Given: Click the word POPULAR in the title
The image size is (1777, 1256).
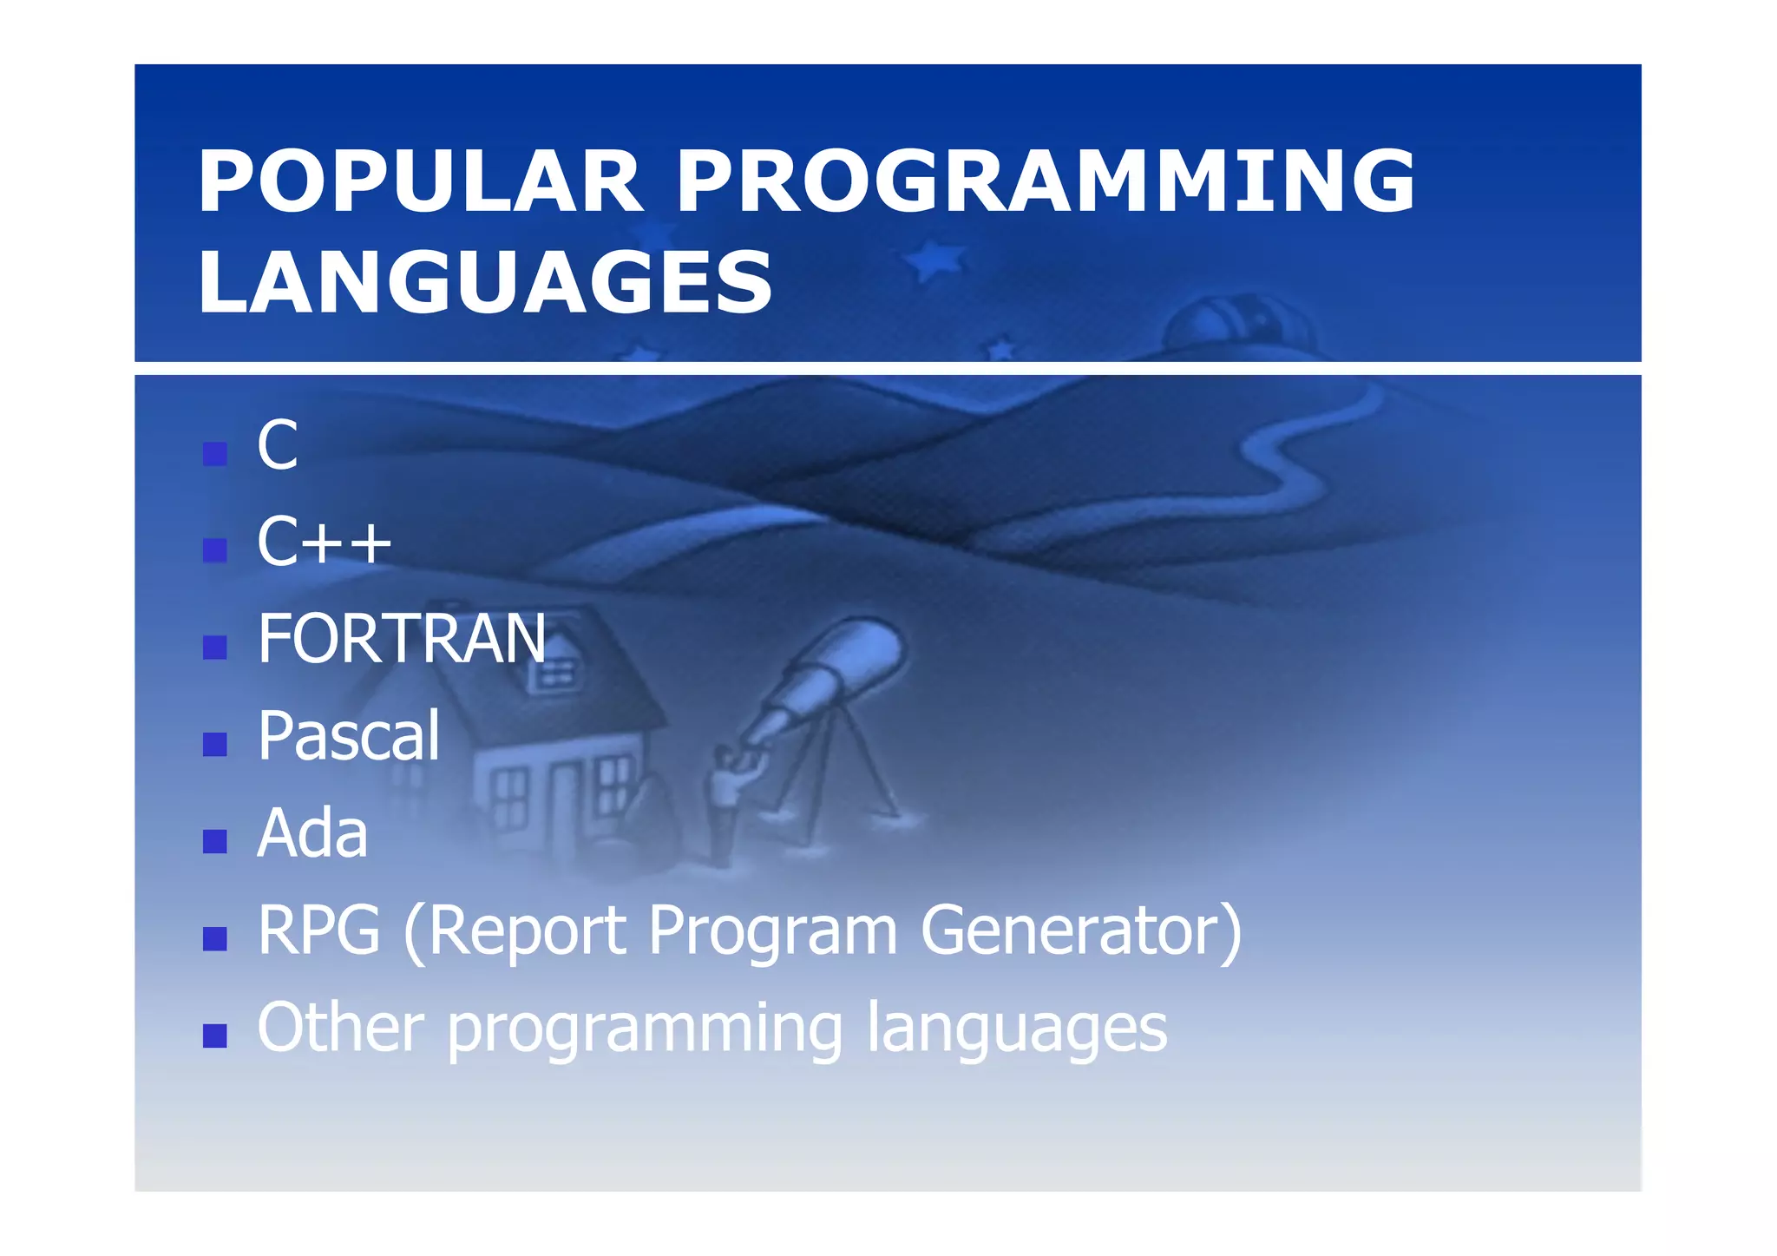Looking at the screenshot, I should pyautogui.click(x=420, y=181).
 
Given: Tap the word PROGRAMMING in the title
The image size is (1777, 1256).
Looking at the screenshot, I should pyautogui.click(x=1045, y=181).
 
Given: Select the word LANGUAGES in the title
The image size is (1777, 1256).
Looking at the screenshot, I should pyautogui.click(x=484, y=282).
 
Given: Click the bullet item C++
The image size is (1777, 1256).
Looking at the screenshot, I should pyautogui.click(x=324, y=542).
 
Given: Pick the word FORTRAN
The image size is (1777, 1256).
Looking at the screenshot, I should pyautogui.click(x=402, y=639).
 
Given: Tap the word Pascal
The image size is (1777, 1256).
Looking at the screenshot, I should pyautogui.click(x=349, y=736).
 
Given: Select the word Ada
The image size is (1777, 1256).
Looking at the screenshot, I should pyautogui.click(x=312, y=833).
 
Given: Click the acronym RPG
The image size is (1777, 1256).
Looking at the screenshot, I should pyautogui.click(x=318, y=930).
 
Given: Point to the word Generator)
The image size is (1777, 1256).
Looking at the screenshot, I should pyautogui.click(x=1081, y=930).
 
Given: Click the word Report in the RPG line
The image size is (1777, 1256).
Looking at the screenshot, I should pyautogui.click(x=527, y=930).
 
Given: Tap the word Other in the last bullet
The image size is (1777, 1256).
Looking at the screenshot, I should pyautogui.click(x=340, y=1028).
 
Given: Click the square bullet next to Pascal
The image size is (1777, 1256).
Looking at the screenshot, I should pyautogui.click(x=214, y=744).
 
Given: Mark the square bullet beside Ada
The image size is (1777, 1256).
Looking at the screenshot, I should pyautogui.click(x=214, y=841).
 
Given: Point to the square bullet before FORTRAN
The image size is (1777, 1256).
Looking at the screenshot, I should pyautogui.click(x=214, y=647).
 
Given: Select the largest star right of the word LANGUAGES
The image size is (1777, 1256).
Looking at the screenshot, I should pyautogui.click(x=934, y=259).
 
